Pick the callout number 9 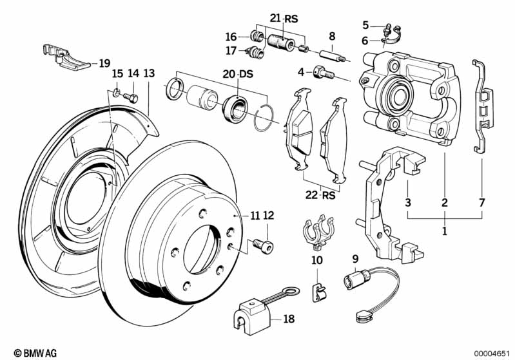click(355, 260)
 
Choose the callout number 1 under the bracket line click(444, 229)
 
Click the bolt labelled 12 click(264, 245)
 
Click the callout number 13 click(149, 74)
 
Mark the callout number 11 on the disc click(255, 216)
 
